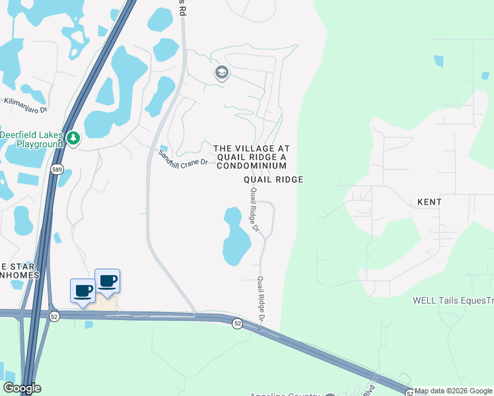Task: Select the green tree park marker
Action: (x=73, y=138)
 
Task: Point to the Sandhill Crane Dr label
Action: (x=183, y=158)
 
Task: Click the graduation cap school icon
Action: (x=222, y=73)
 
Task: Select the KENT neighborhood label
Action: (x=429, y=201)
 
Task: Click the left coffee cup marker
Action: (x=83, y=290)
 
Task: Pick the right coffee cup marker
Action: (x=108, y=280)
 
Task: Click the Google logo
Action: (x=22, y=389)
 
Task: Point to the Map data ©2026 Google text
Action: (x=454, y=391)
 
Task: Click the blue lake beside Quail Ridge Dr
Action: (x=235, y=236)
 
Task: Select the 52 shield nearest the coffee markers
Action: (x=53, y=317)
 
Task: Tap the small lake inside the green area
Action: (x=439, y=61)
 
